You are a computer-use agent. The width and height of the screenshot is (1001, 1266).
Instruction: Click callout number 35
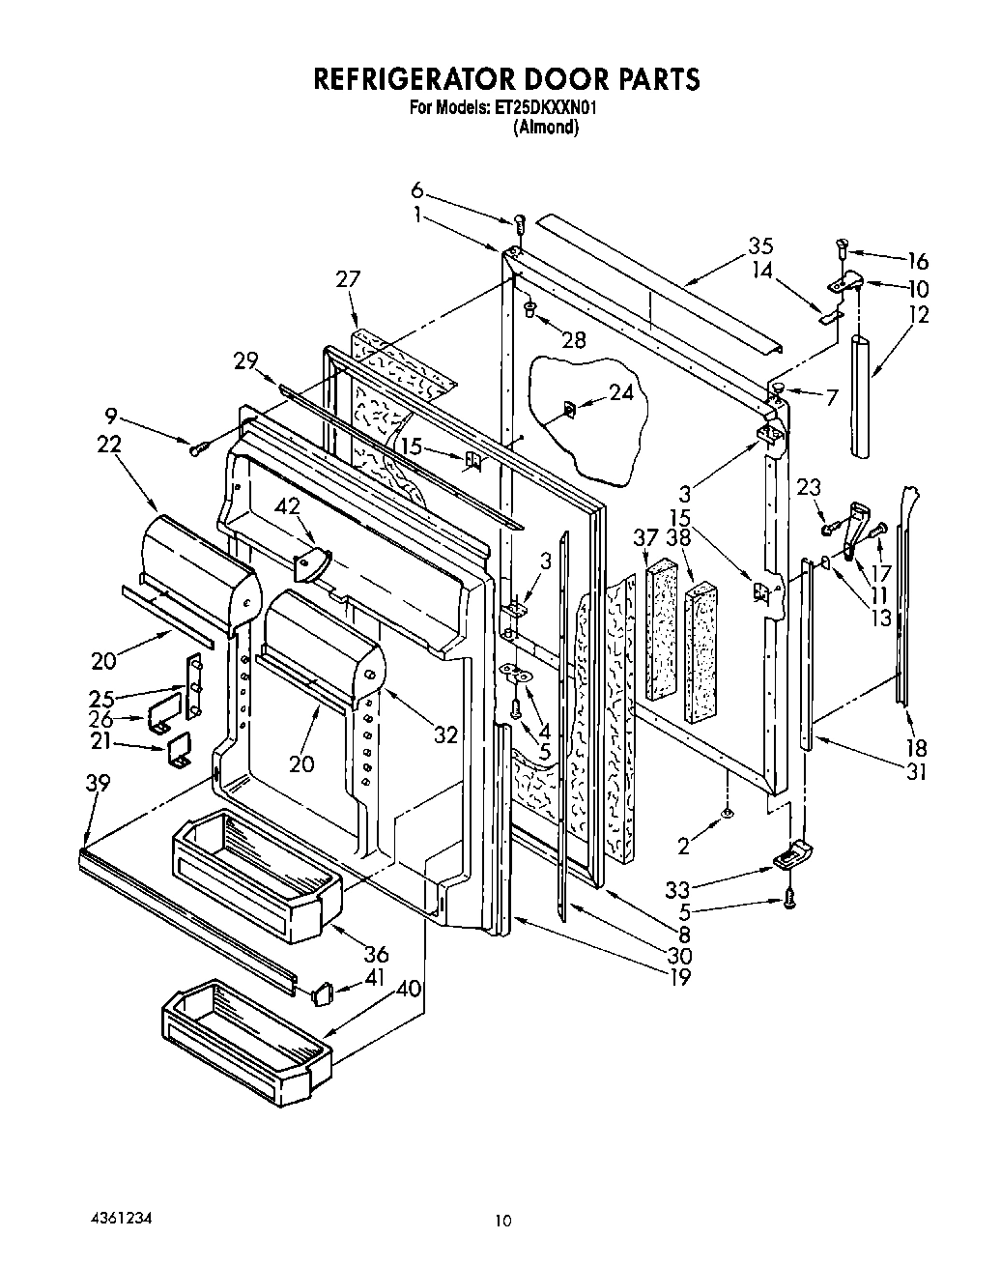pos(760,245)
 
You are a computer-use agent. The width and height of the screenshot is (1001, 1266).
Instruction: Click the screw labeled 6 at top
pos(519,225)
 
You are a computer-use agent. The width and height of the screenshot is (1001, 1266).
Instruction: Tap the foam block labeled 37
pos(663,628)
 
